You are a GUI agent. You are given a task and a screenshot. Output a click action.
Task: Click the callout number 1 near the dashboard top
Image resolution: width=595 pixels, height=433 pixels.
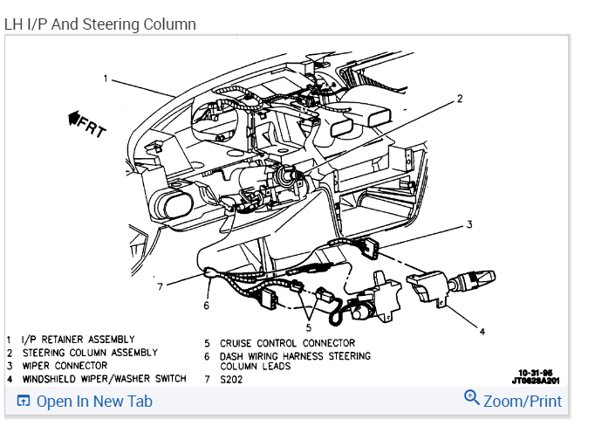(106, 79)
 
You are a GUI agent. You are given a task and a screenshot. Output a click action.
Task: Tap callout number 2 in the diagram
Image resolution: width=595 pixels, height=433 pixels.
(460, 99)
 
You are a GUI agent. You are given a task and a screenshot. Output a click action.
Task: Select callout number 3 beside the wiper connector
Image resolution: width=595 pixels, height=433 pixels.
(468, 225)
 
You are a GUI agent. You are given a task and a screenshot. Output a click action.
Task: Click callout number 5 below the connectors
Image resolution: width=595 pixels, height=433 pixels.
(306, 327)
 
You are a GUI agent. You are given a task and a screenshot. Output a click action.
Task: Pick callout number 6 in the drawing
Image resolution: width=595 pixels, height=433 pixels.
(206, 306)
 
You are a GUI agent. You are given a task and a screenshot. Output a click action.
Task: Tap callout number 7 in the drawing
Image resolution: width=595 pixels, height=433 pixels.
(160, 285)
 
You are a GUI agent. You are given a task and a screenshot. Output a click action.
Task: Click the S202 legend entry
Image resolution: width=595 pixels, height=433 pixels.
(231, 379)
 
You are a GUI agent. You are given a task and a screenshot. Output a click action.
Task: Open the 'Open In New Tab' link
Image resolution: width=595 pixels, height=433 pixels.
(85, 402)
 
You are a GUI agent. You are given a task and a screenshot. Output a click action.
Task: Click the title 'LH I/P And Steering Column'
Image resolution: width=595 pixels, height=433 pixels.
(100, 24)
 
